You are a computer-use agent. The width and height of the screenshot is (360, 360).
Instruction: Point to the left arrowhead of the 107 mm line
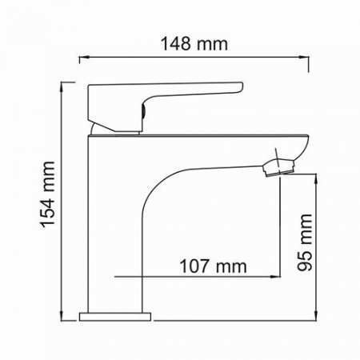pyautogui.click(x=120, y=278)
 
